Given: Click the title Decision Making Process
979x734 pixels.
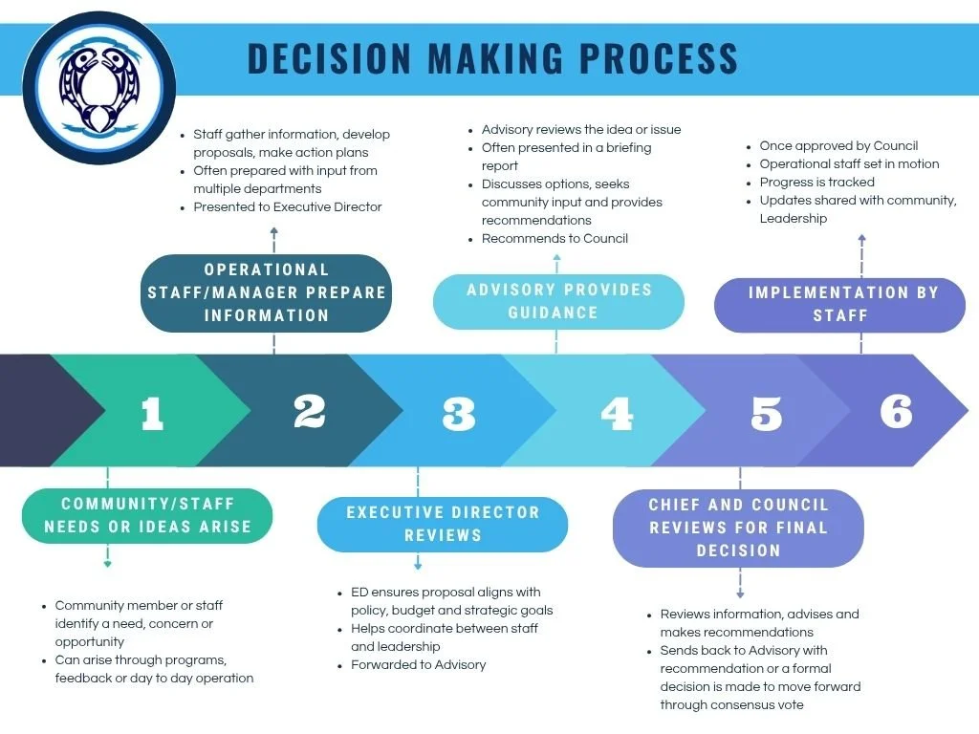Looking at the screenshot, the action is click(492, 58).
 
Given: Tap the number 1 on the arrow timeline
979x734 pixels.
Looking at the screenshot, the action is click(152, 413).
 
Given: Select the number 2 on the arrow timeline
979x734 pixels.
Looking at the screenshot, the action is click(310, 411).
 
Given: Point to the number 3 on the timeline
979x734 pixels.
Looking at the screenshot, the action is click(459, 413).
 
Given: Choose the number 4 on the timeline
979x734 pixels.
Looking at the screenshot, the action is click(617, 413).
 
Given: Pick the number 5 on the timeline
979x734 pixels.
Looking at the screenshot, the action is click(766, 413).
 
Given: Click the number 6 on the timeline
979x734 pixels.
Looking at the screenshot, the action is click(896, 411).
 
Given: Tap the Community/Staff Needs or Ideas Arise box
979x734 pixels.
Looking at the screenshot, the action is click(147, 515).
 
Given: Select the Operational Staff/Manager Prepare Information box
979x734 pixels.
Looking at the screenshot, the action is click(267, 292).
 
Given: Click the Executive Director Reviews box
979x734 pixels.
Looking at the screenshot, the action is click(442, 524).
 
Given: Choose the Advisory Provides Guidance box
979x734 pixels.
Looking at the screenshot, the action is click(559, 301).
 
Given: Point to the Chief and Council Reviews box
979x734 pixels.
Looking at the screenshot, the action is click(738, 528).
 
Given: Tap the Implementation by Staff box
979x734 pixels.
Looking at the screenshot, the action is click(840, 304).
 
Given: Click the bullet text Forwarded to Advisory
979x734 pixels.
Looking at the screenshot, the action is click(418, 664).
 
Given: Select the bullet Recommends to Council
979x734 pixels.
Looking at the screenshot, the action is click(555, 238).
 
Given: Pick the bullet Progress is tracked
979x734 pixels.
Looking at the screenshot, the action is click(816, 182).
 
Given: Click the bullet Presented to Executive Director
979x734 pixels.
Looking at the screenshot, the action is click(287, 206).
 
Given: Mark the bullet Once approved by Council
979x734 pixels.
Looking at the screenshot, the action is click(838, 146).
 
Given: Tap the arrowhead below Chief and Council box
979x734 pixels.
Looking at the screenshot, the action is click(740, 594).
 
